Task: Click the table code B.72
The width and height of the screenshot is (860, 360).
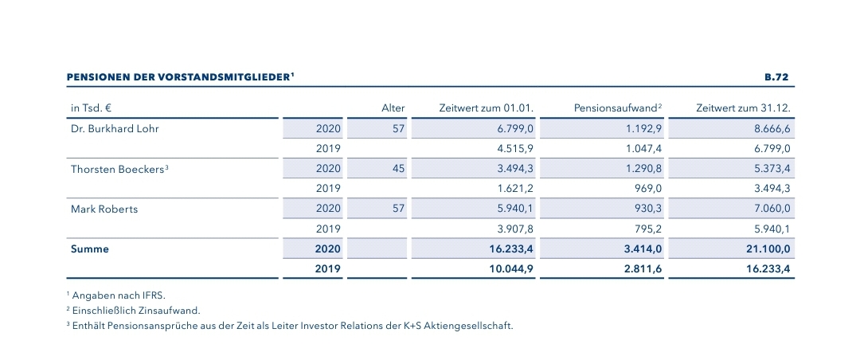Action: [x=776, y=77]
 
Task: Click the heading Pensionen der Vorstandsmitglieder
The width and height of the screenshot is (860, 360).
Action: [x=180, y=77]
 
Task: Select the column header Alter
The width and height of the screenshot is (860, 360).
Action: [x=393, y=107]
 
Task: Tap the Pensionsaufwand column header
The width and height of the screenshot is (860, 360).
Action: [x=618, y=107]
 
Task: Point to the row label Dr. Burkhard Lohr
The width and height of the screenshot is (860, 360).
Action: [x=115, y=127]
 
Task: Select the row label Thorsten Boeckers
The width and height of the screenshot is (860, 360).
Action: [x=117, y=168]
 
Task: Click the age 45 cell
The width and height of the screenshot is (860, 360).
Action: [x=398, y=168]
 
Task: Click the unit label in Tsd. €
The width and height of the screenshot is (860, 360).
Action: [x=90, y=107]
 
